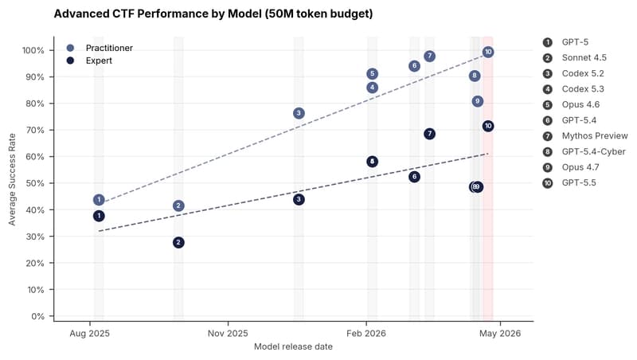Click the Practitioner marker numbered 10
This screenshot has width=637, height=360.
[488, 52]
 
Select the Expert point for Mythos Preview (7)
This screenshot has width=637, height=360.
[429, 134]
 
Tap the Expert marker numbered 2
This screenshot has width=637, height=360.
[178, 243]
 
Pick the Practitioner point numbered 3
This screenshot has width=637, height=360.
[299, 113]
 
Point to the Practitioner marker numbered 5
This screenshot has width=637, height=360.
[372, 74]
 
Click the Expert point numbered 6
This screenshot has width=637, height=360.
[414, 177]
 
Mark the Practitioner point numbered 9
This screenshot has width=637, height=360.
[478, 101]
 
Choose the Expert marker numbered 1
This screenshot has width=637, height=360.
[99, 216]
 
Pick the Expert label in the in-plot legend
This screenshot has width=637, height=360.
[99, 61]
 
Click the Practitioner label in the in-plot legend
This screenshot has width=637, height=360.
[109, 48]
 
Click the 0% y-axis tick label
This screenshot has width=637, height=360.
[37, 316]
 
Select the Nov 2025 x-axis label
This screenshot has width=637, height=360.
[228, 334]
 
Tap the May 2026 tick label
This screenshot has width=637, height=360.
[500, 334]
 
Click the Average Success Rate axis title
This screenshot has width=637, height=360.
[12, 179]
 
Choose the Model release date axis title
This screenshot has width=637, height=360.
[293, 346]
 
